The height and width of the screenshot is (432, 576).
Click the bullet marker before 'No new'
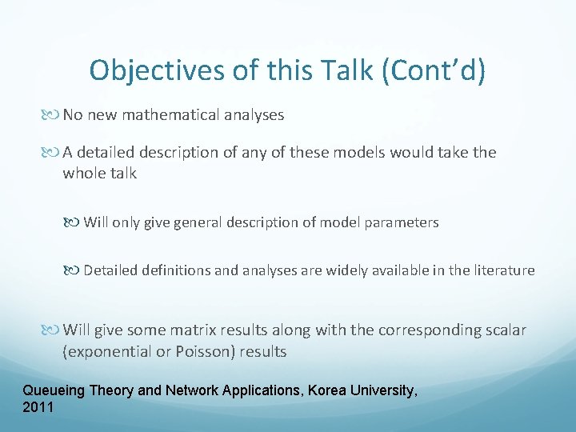point(53,115)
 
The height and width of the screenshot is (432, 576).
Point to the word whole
point(82,173)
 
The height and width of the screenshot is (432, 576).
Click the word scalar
point(504,330)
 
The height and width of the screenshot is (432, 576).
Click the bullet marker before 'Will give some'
point(53,330)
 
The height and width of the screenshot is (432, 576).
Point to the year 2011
point(38,407)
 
